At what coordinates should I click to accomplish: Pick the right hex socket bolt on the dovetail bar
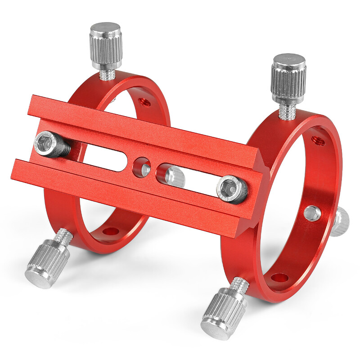[232, 189]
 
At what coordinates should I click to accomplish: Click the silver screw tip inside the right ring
[312, 213]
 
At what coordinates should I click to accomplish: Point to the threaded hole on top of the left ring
[145, 102]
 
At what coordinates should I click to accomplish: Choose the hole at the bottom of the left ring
[109, 232]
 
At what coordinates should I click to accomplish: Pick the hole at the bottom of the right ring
[280, 278]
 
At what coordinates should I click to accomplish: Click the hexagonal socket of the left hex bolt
[46, 144]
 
